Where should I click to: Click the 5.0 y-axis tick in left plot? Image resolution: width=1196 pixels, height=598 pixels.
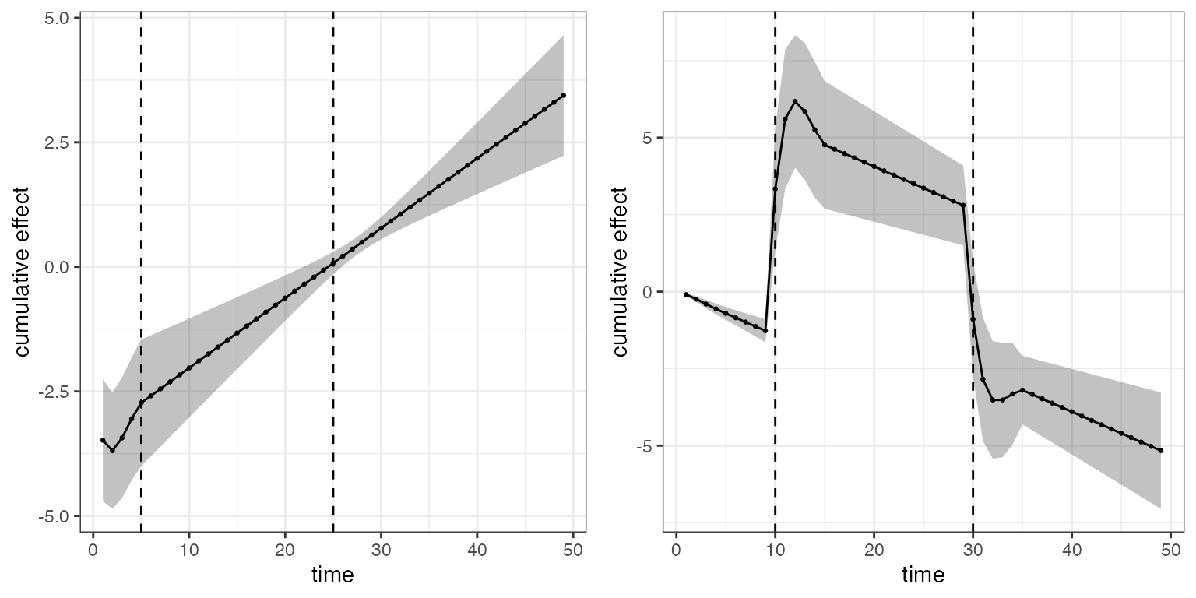[x=57, y=18]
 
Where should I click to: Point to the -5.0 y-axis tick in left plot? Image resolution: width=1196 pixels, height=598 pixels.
[x=54, y=516]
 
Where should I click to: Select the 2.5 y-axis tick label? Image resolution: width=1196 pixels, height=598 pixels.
[x=57, y=142]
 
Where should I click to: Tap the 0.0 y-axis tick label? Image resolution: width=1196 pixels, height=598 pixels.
[x=57, y=267]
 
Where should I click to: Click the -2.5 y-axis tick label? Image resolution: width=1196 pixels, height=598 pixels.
[x=54, y=392]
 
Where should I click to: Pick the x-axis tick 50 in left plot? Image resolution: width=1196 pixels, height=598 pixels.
[x=573, y=550]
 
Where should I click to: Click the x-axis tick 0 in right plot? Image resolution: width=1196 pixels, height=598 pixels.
[x=677, y=550]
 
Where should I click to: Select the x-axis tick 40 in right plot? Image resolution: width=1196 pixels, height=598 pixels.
[x=1071, y=550]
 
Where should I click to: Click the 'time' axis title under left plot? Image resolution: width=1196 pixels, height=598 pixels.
[x=332, y=575]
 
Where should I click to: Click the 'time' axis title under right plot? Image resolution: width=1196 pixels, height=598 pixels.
[x=923, y=575]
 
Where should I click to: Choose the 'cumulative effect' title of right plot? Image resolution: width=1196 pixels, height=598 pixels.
[x=620, y=272]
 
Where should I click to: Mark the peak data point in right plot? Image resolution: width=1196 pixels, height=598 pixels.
[x=795, y=101]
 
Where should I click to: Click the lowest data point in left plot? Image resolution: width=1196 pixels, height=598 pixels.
[x=112, y=451]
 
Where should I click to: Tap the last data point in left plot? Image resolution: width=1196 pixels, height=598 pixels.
[x=563, y=95]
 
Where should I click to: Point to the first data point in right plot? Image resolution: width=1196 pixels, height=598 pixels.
[x=686, y=294]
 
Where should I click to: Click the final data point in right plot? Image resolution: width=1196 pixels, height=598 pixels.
[x=1160, y=451]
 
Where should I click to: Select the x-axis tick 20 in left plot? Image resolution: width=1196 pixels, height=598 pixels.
[x=285, y=550]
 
